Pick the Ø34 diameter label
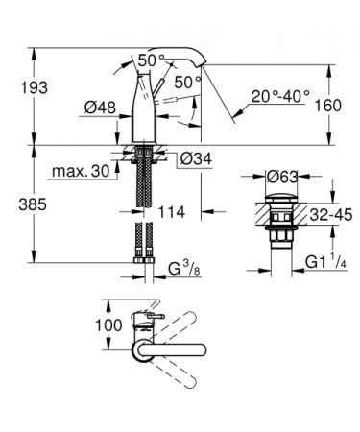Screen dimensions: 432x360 coord(196,157)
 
